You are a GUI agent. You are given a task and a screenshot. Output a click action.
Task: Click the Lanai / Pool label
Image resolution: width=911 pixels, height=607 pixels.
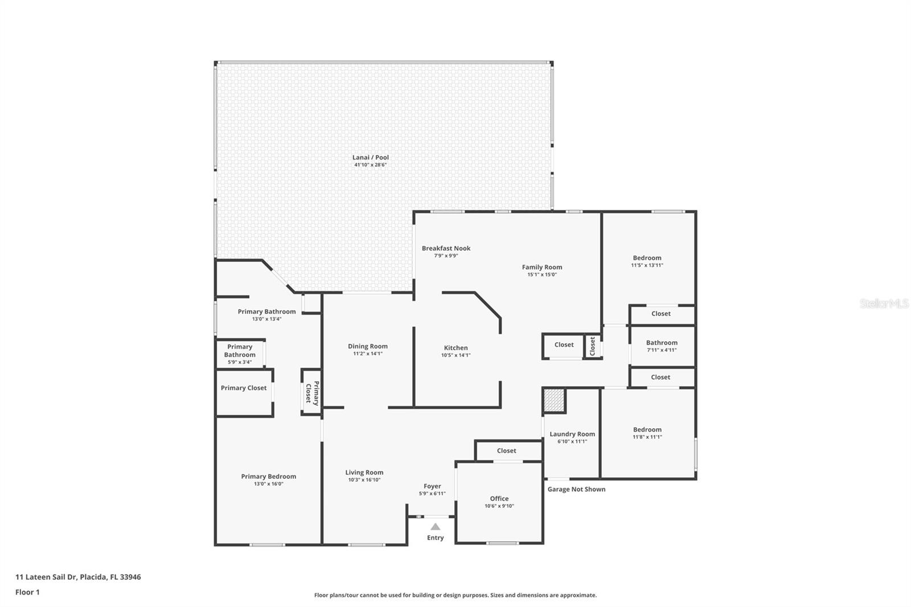coord(370,158)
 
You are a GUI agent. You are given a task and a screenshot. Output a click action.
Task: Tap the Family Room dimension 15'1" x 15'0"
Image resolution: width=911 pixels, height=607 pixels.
coord(541,274)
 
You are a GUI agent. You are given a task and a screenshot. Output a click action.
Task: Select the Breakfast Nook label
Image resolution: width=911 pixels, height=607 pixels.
coord(446,248)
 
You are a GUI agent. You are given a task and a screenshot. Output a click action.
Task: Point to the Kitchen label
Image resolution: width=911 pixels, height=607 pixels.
coord(455,348)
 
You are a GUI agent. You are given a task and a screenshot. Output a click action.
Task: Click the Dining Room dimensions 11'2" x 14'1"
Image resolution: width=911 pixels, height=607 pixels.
coord(368,354)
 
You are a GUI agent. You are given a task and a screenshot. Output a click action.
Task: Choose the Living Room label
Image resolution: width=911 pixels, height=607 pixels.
coord(364,473)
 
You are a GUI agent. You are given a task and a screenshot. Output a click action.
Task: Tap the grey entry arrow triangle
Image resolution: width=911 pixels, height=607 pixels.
coord(435,527)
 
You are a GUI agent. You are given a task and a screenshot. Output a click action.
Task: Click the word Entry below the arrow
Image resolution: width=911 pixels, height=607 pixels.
coord(435,538)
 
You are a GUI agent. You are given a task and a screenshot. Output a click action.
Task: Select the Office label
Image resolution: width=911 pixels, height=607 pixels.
coord(499,499)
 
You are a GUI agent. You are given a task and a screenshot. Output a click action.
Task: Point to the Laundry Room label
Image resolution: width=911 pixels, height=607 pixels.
coord(572,434)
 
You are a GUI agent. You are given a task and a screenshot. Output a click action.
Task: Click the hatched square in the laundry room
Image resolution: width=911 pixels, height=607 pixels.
coord(554,400)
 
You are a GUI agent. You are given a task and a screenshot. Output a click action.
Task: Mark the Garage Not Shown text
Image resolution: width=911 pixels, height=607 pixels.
coord(576,490)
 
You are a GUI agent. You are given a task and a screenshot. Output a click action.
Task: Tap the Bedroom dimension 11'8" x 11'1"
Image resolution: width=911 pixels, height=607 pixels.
coord(647,437)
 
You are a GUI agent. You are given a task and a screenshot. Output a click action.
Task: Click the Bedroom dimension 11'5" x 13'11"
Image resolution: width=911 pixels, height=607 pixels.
coord(647,265)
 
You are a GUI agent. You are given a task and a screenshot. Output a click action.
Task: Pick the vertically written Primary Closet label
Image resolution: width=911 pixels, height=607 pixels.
coord(313,392)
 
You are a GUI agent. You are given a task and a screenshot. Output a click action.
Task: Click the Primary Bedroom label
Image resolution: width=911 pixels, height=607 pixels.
coord(268,477)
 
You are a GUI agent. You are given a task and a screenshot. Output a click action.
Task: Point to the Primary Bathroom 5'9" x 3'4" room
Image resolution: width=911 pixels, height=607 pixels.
coord(240,354)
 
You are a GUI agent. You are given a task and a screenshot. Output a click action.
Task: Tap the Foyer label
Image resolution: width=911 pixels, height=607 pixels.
coord(432,486)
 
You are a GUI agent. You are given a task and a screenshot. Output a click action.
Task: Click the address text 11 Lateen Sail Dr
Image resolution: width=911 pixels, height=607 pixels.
coord(46,577)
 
